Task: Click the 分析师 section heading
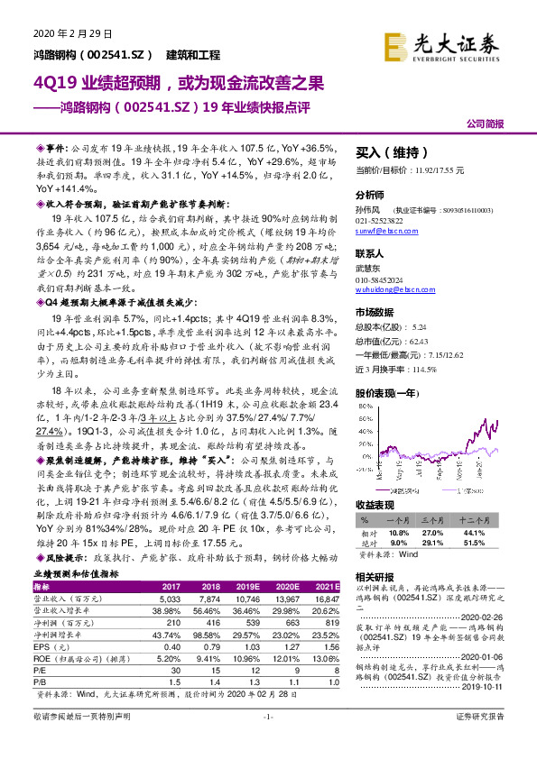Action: click(371, 194)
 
